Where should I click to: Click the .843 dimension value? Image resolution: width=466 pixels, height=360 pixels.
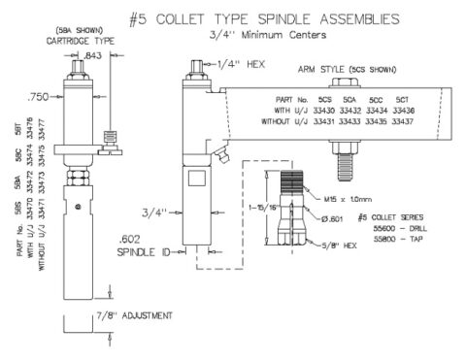coord(93,56)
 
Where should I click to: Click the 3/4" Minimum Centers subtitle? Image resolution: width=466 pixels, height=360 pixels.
coord(234,35)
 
